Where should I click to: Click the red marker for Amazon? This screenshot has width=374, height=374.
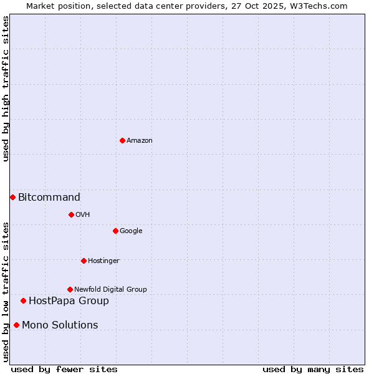click(x=122, y=140)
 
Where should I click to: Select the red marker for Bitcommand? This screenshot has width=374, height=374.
click(x=12, y=197)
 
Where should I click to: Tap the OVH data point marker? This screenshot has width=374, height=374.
click(x=71, y=214)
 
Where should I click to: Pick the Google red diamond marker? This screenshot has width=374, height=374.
click(x=115, y=231)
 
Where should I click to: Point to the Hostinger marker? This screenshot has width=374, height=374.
click(x=84, y=261)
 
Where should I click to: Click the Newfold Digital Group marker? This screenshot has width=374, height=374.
click(x=70, y=289)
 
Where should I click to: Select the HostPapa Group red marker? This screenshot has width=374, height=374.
click(x=23, y=300)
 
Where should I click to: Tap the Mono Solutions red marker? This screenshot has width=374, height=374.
click(x=16, y=325)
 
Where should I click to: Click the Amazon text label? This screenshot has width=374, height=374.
click(x=140, y=141)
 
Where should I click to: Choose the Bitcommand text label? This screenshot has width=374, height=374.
click(x=49, y=198)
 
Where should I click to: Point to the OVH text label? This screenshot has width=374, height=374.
click(x=83, y=215)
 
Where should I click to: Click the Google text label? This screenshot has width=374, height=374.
click(x=131, y=231)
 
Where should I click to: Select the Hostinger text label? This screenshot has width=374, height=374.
click(x=103, y=261)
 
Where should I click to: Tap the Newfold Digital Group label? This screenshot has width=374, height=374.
click(x=110, y=290)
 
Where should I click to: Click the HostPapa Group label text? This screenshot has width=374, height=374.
click(x=69, y=301)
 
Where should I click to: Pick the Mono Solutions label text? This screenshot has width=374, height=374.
click(x=60, y=325)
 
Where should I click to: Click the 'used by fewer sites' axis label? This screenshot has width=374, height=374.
click(x=64, y=369)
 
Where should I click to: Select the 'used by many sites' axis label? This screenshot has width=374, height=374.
click(x=313, y=369)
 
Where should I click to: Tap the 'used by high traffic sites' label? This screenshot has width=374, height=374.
click(x=6, y=89)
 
